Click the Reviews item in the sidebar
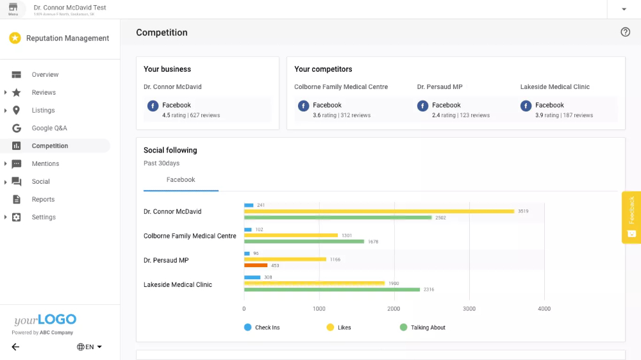click(44, 92)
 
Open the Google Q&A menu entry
click(49, 128)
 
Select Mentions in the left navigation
click(45, 164)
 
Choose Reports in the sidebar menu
click(43, 199)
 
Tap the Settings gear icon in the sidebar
click(17, 217)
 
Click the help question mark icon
click(626, 32)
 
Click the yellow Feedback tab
click(631, 217)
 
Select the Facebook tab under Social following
click(181, 180)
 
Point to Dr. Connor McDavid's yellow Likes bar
click(378, 211)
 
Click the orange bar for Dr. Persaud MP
click(256, 265)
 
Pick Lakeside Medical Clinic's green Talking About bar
click(331, 290)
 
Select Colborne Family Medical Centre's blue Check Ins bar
click(247, 229)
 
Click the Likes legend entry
click(339, 327)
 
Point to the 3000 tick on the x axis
click(469, 309)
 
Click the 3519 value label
click(523, 211)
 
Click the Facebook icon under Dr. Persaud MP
click(422, 106)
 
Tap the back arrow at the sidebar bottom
click(15, 347)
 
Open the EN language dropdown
click(89, 347)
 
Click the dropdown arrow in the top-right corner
click(624, 9)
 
